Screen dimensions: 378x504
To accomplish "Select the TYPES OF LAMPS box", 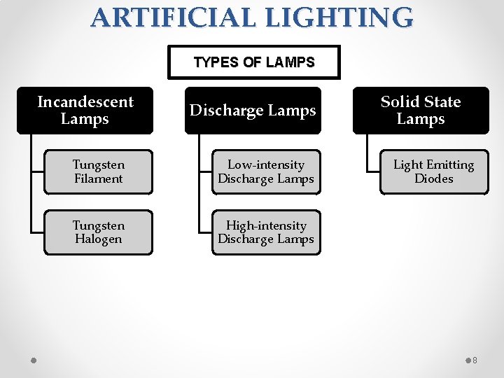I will click(254, 62).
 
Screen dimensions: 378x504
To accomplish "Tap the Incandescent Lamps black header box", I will click(85, 110).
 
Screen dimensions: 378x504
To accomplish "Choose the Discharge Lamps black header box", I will click(253, 111).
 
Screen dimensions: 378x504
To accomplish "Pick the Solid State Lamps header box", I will click(421, 110).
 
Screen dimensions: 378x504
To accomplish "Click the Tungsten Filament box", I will click(98, 171).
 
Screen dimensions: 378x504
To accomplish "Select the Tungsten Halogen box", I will click(98, 232).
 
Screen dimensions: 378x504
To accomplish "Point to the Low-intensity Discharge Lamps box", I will click(266, 171).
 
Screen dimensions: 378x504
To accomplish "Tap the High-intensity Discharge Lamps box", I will click(266, 232).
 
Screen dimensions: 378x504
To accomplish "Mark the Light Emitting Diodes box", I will click(434, 171).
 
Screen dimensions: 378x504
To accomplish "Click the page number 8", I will click(475, 360).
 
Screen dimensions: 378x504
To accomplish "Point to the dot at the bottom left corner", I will click(34, 360).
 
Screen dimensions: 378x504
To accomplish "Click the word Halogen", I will click(98, 239).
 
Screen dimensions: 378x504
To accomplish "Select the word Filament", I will click(98, 178).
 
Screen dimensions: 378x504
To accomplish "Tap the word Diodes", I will click(434, 178).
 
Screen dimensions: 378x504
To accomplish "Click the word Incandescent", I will click(85, 102).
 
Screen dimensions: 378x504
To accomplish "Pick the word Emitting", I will click(450, 165).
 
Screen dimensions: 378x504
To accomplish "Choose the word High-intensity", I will click(266, 225).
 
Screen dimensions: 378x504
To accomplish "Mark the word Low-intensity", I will click(266, 165).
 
